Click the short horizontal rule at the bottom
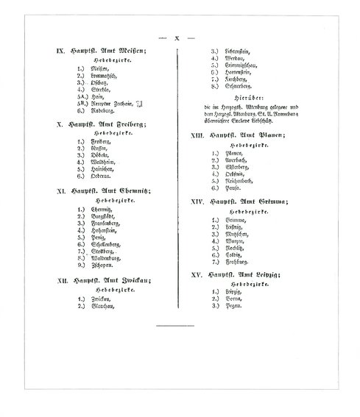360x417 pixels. tap(172, 324)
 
